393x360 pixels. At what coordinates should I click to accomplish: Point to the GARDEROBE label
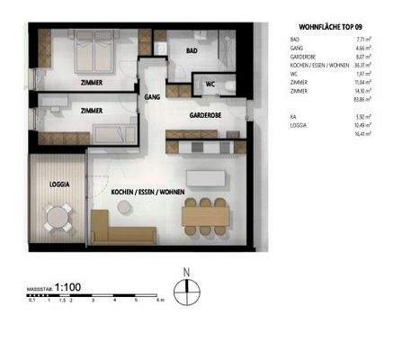[206, 117]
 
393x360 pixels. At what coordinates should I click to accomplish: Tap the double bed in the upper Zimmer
[92, 50]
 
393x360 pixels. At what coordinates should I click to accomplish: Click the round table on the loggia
[59, 215]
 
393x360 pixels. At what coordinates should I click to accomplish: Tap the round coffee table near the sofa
[124, 207]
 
